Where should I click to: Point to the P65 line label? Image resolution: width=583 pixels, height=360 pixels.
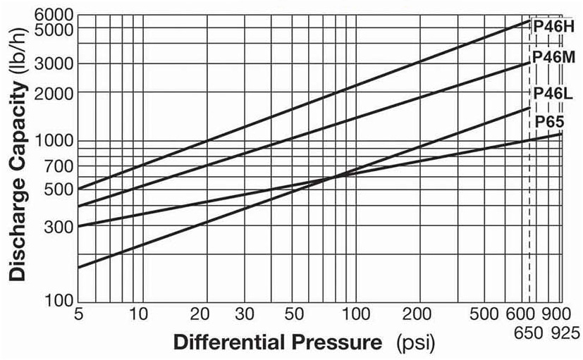click(x=548, y=121)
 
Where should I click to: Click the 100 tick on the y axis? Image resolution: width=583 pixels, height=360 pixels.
click(x=62, y=302)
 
